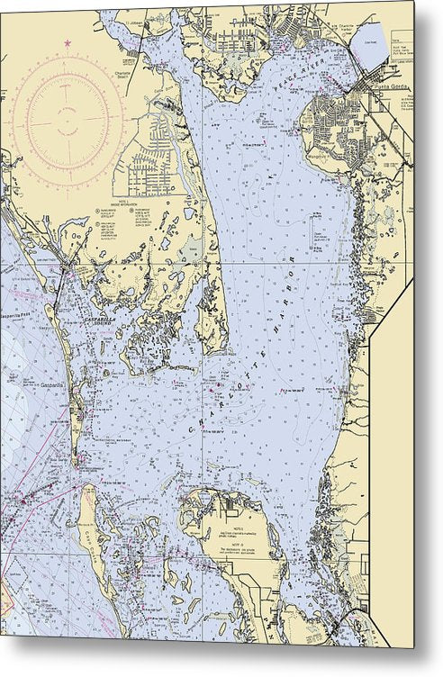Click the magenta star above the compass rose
pyautogui.click(x=66, y=42)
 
